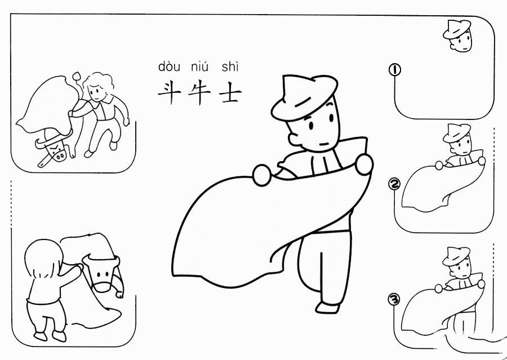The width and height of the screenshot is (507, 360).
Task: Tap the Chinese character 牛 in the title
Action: tap(199, 93)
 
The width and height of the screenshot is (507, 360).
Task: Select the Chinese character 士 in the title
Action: tap(230, 94)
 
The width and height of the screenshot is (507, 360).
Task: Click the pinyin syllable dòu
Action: tap(169, 66)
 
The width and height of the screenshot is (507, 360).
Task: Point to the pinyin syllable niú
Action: tap(200, 66)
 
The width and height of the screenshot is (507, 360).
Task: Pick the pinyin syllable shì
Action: tap(230, 66)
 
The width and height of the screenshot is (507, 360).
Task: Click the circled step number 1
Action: tap(395, 70)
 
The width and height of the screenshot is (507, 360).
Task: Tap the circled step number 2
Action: tap(394, 184)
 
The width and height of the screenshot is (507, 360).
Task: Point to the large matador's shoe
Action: tap(327, 307)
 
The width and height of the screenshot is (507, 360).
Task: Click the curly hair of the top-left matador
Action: tap(99, 81)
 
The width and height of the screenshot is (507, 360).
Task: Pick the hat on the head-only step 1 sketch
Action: tap(456, 29)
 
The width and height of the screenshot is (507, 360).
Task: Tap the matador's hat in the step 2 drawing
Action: tap(456, 133)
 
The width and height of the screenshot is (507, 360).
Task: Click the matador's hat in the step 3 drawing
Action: tap(456, 256)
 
